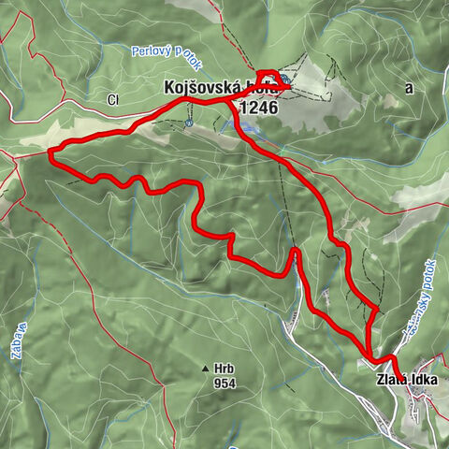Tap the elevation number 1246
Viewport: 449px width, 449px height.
click(259, 108)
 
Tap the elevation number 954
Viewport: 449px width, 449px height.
click(224, 384)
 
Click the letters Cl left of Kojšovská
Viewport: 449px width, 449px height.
click(113, 99)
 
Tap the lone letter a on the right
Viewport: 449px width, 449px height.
click(409, 87)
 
